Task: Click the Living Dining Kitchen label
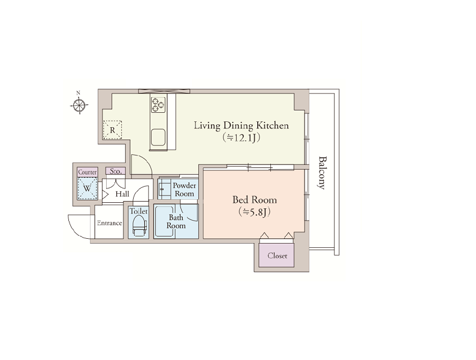tap(242, 125)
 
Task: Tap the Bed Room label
tap(254, 200)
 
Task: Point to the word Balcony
tap(322, 173)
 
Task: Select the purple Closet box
tap(276, 256)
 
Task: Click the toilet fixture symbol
tap(139, 226)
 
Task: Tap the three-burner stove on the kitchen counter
tap(158, 105)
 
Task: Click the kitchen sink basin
tap(158, 137)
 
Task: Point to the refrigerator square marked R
tap(112, 130)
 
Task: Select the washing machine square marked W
tap(87, 188)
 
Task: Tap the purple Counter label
tap(88, 172)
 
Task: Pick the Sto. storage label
tap(115, 171)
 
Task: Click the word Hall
tap(122, 194)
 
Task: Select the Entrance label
tap(109, 223)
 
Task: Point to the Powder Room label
tap(184, 189)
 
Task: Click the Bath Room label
tap(176, 221)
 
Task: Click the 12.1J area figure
tap(242, 138)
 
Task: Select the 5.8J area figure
tap(254, 212)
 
